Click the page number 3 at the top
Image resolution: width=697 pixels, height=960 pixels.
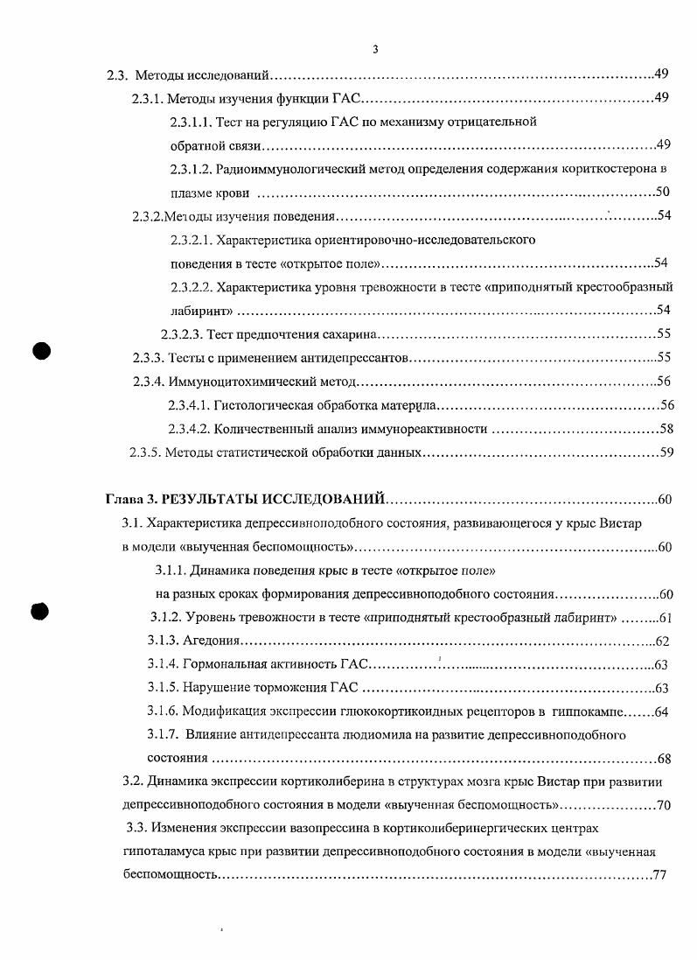tap(375, 50)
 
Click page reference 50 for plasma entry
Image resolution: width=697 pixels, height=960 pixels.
tap(662, 192)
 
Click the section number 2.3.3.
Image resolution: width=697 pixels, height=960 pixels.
tap(148, 357)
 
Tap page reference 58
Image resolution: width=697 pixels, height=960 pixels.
tap(666, 429)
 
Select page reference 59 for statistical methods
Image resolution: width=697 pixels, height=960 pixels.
tap(666, 452)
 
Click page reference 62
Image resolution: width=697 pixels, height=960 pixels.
tap(662, 641)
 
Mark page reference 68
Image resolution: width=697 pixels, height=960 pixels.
tap(664, 758)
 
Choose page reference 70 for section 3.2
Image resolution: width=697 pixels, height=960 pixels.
tap(664, 803)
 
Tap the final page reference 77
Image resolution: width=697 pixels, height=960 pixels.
tap(660, 874)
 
